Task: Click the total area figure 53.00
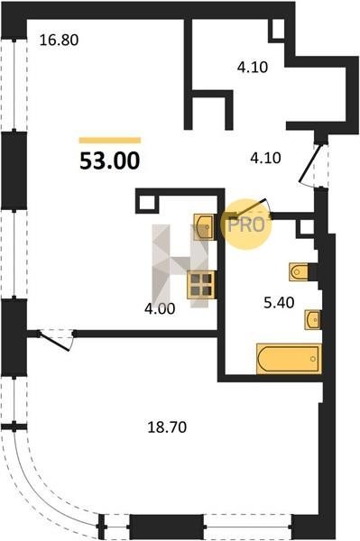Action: [x=110, y=160]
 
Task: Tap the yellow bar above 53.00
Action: [x=110, y=140]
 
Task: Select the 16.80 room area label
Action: [x=59, y=40]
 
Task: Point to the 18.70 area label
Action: [x=167, y=427]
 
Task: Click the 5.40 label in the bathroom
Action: [x=279, y=303]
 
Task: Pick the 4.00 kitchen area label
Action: [x=160, y=308]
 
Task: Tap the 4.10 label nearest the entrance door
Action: [x=265, y=158]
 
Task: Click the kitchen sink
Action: [x=204, y=226]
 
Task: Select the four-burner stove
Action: [x=201, y=285]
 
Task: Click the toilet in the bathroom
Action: [x=299, y=272]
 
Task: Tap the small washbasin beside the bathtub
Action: [x=312, y=320]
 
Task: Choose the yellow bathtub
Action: [x=289, y=359]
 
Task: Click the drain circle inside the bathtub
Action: [x=313, y=359]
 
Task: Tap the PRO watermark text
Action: [x=246, y=225]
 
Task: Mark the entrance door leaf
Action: [x=310, y=163]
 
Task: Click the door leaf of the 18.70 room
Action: [x=55, y=342]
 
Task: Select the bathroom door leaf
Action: [x=249, y=208]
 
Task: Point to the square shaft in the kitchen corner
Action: [x=147, y=204]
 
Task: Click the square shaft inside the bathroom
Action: [x=305, y=228]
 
